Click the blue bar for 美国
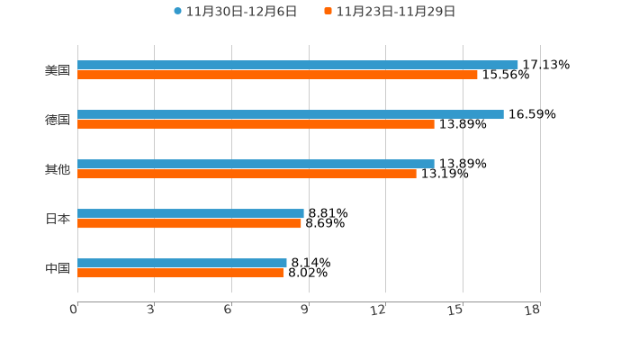(297, 65)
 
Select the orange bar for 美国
(277, 76)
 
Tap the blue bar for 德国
(290, 114)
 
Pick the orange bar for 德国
(256, 125)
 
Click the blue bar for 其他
(256, 164)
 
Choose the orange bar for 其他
(247, 175)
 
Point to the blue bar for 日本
(191, 214)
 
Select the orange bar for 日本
(189, 224)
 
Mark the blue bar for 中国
(182, 264)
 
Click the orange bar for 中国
(180, 274)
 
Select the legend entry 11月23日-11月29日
(395, 12)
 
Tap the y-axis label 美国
(58, 70)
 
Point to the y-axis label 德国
(58, 120)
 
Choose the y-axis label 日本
(58, 219)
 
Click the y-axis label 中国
(58, 268)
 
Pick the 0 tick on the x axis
(75, 310)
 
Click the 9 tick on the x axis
(305, 310)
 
